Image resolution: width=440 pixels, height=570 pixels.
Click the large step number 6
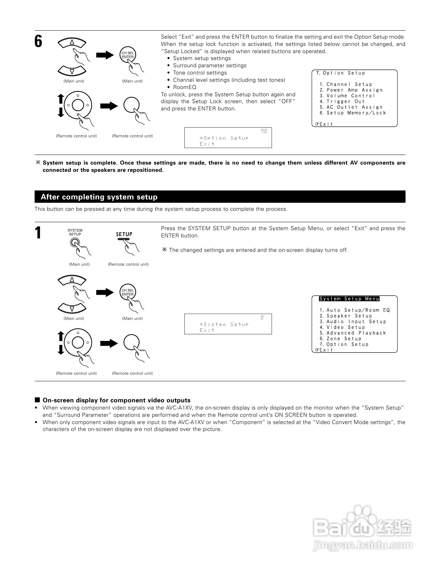38,41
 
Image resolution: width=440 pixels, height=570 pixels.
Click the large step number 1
38,233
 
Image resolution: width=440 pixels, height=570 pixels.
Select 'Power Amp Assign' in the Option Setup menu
354,90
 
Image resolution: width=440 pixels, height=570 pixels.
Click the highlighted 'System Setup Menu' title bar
349,299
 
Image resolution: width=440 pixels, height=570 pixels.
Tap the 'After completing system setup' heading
99,197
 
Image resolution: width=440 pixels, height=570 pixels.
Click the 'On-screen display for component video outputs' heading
116,400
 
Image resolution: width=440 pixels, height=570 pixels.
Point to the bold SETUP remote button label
124,234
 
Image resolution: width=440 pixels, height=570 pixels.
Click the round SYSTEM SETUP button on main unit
74,243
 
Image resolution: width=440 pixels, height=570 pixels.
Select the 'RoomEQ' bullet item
185,87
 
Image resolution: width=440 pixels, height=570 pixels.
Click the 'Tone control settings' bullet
200,73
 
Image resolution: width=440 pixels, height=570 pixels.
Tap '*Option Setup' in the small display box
224,138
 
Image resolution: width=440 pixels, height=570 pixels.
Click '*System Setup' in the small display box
224,324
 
